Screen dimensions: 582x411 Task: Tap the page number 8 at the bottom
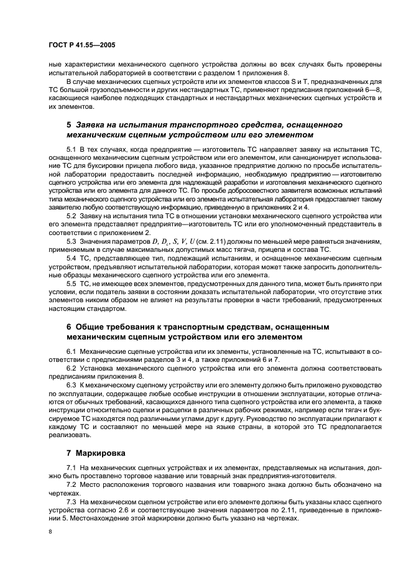(50, 531)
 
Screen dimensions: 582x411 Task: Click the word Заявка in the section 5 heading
(93, 124)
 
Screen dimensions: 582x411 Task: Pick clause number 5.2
(72, 215)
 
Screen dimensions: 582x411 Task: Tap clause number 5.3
(72, 239)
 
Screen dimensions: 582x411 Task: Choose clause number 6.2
(72, 368)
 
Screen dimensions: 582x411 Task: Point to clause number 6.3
(72, 384)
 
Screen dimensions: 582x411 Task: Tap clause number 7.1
(72, 466)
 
